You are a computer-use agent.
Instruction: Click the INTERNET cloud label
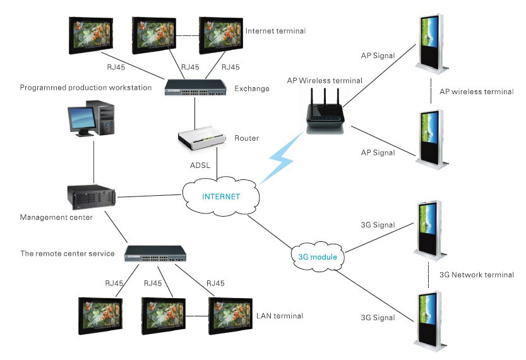click(221, 196)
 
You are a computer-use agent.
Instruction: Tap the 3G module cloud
click(318, 257)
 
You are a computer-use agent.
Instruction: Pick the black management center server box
click(93, 195)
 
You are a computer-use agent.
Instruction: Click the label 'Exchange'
click(252, 88)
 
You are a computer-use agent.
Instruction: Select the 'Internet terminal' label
click(275, 31)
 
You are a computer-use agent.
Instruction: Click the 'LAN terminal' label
click(279, 316)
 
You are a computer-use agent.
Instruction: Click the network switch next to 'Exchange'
click(196, 88)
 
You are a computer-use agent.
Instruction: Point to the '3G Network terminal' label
click(476, 275)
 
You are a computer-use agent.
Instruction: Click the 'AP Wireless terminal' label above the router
click(325, 80)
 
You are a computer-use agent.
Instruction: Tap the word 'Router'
click(247, 138)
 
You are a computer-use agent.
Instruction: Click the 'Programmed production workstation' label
click(86, 88)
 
